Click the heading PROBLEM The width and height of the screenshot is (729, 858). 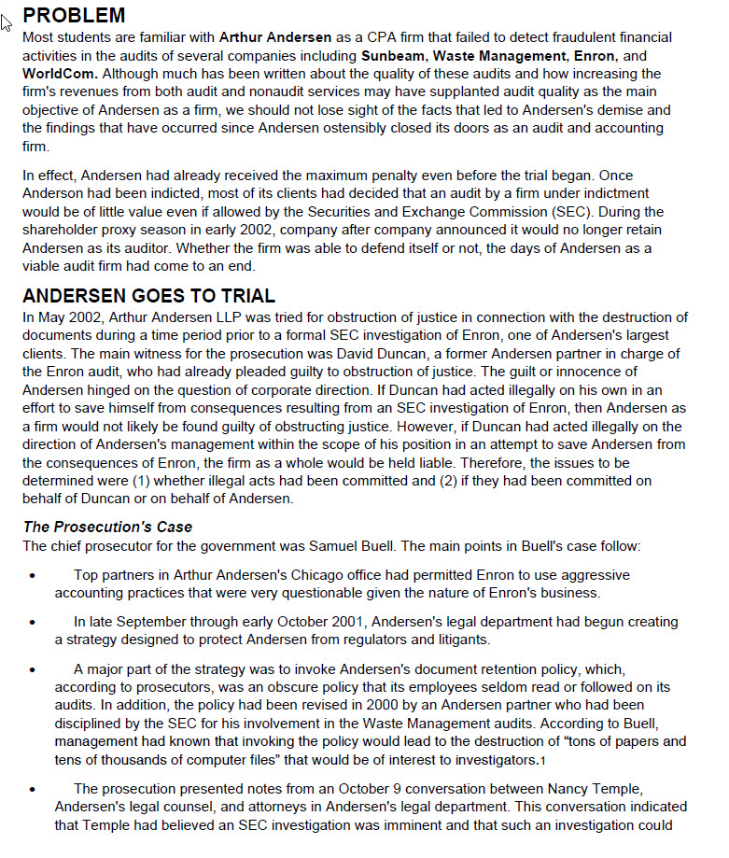[x=74, y=15]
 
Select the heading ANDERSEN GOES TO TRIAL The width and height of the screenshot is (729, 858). [x=148, y=296]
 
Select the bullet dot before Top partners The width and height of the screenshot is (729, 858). [x=34, y=576]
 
